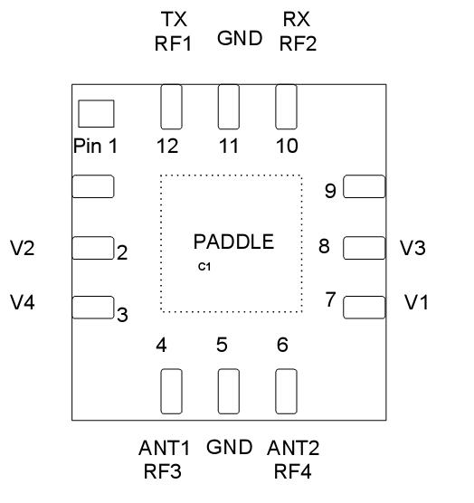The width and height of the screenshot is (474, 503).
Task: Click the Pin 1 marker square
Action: (x=96, y=114)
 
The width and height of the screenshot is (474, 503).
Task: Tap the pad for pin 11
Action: (x=228, y=107)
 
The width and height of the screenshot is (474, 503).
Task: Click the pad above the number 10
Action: (x=285, y=107)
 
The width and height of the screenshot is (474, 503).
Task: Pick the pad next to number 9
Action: (x=364, y=186)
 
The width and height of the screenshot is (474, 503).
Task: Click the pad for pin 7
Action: (x=364, y=306)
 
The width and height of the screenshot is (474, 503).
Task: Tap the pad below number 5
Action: (x=228, y=391)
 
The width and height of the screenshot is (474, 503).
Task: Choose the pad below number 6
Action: (x=285, y=391)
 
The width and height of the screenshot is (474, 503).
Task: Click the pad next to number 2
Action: (x=92, y=246)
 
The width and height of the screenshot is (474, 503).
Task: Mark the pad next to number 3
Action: (x=92, y=307)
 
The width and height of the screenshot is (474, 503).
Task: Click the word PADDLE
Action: (x=233, y=242)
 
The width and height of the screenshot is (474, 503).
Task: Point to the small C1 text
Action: (x=204, y=266)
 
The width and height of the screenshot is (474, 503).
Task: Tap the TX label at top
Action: (x=175, y=19)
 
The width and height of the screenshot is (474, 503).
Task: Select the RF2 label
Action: (x=298, y=43)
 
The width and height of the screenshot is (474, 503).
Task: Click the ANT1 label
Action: (x=166, y=448)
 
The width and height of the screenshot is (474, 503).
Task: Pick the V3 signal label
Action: (x=412, y=248)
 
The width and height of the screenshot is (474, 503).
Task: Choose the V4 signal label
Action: (x=24, y=301)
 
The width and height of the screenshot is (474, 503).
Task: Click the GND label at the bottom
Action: (x=227, y=447)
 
